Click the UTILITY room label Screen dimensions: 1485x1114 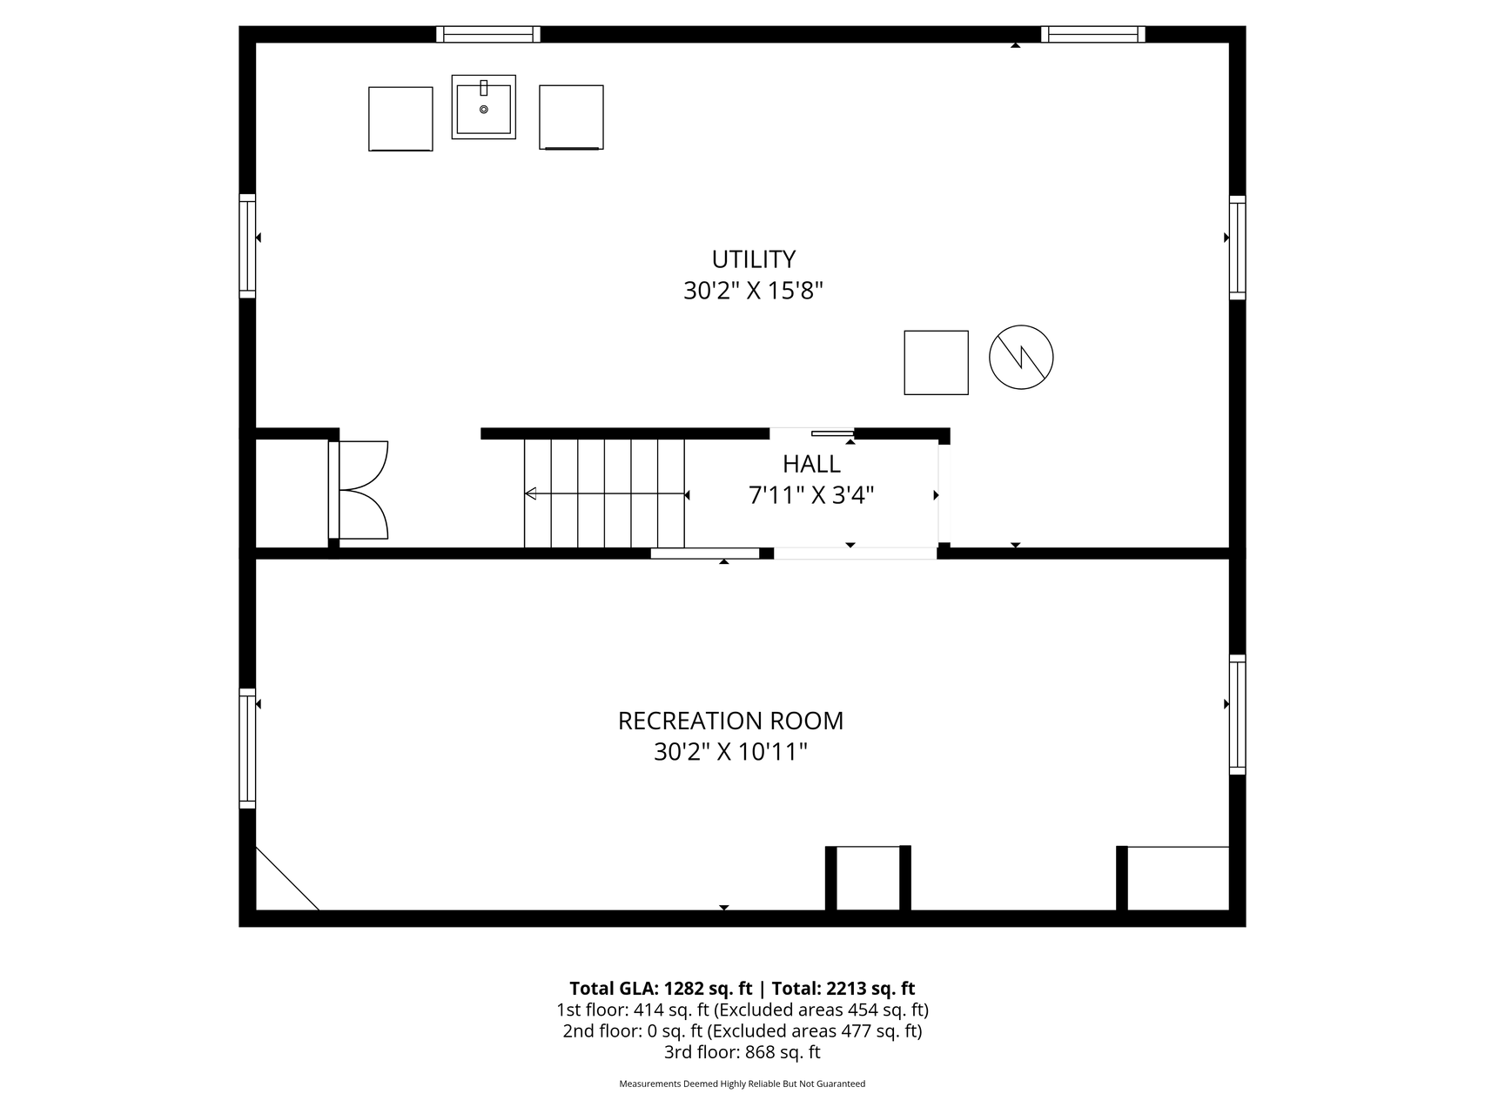(x=754, y=259)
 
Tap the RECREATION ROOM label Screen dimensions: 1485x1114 (x=730, y=721)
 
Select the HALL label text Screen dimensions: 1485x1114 (x=811, y=464)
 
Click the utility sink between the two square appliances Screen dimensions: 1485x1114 (x=483, y=106)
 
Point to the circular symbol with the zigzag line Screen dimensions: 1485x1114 (x=1021, y=357)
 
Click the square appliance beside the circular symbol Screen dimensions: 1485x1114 (x=937, y=362)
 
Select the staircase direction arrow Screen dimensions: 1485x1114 (x=605, y=494)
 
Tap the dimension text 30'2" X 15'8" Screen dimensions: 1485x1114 (x=753, y=291)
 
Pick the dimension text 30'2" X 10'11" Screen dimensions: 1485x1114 (x=730, y=752)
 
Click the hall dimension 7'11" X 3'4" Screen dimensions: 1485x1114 (x=811, y=495)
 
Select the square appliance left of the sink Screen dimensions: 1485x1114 (x=400, y=119)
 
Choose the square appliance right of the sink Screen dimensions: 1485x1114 (x=571, y=117)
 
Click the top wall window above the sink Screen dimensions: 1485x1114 (x=488, y=34)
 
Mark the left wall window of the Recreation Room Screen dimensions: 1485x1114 (x=247, y=748)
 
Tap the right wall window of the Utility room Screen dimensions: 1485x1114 (x=1237, y=247)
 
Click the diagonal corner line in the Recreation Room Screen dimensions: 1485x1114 (x=287, y=878)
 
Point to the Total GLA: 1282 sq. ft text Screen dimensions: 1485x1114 (x=661, y=989)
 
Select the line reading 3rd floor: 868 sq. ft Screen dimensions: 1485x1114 (x=742, y=1052)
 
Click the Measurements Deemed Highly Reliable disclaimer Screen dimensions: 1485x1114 (x=742, y=1084)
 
